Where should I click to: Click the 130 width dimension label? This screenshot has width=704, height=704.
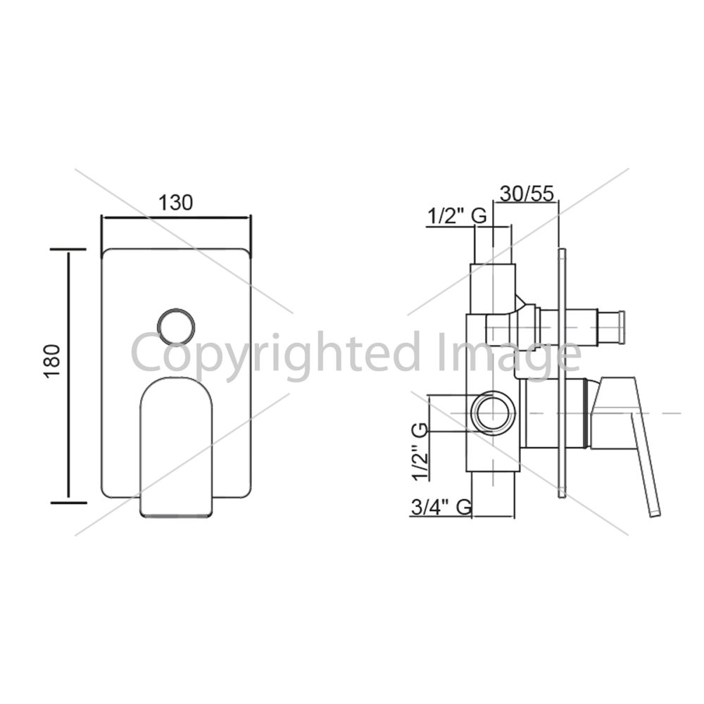point(175,203)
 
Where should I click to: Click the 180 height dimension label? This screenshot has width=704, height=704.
point(53,361)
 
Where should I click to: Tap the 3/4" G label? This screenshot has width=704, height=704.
point(441,508)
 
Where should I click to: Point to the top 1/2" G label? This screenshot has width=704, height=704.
point(457,217)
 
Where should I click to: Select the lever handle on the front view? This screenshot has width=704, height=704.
point(177,448)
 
